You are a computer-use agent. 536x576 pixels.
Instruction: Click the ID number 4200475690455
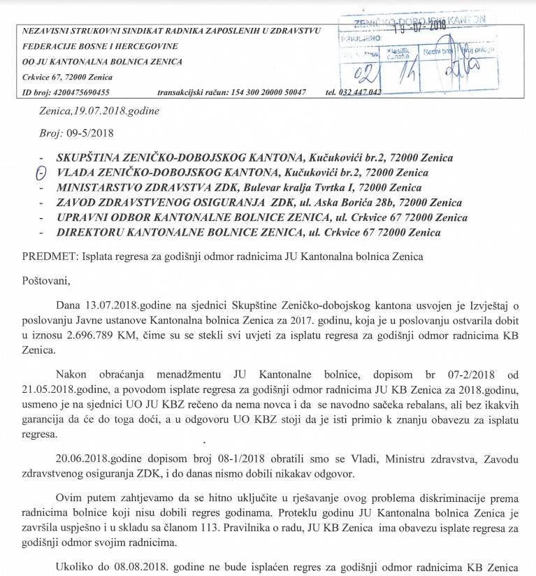79,93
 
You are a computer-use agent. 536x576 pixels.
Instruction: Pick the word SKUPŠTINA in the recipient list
93,157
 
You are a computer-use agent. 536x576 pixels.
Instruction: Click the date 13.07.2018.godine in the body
124,305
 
